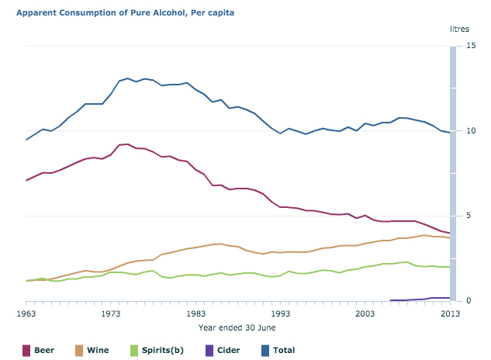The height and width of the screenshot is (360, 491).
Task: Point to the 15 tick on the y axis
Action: click(x=470, y=47)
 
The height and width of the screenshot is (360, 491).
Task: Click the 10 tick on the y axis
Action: click(x=470, y=131)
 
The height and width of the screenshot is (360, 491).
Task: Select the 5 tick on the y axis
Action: click(x=468, y=216)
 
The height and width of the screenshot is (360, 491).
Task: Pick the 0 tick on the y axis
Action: click(x=468, y=301)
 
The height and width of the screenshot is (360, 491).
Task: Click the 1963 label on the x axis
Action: click(x=26, y=313)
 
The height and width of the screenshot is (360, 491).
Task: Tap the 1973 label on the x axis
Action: click(x=111, y=313)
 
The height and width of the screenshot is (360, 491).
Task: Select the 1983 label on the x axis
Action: click(x=196, y=313)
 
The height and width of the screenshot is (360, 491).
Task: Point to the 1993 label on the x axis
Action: click(x=281, y=313)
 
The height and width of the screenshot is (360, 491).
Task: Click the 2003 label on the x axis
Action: click(x=365, y=313)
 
